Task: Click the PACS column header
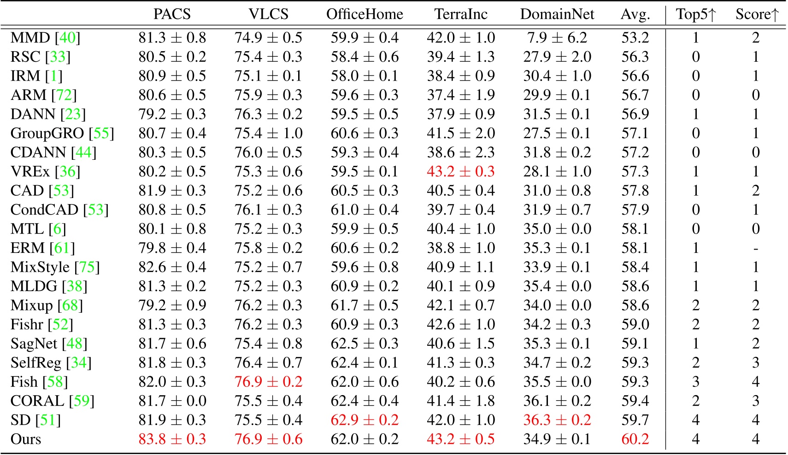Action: [x=172, y=14]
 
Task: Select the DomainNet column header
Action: [x=557, y=14]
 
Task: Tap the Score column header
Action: [x=756, y=14]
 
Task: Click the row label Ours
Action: [x=26, y=439]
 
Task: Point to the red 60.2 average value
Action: [x=635, y=439]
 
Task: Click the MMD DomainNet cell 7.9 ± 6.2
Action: [x=557, y=38]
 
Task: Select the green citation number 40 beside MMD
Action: [x=67, y=38]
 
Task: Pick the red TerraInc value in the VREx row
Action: [x=460, y=171]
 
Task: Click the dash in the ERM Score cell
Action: [x=756, y=248]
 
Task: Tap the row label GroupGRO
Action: [x=47, y=134]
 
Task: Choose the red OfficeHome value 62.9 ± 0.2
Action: [x=365, y=420]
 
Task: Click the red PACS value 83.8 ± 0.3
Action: [x=172, y=439]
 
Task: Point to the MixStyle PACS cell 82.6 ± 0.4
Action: [x=172, y=267]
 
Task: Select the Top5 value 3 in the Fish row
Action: [x=695, y=382]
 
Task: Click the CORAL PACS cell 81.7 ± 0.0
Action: [x=172, y=401]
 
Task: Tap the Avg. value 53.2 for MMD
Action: [x=635, y=38]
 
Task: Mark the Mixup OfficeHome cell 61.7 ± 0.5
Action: [x=365, y=305]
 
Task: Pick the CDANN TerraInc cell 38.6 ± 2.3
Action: [x=460, y=152]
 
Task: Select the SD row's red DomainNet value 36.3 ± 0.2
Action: [x=557, y=420]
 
